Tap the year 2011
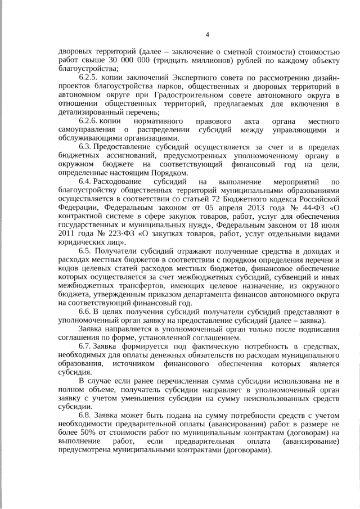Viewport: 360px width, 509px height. [67, 232]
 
